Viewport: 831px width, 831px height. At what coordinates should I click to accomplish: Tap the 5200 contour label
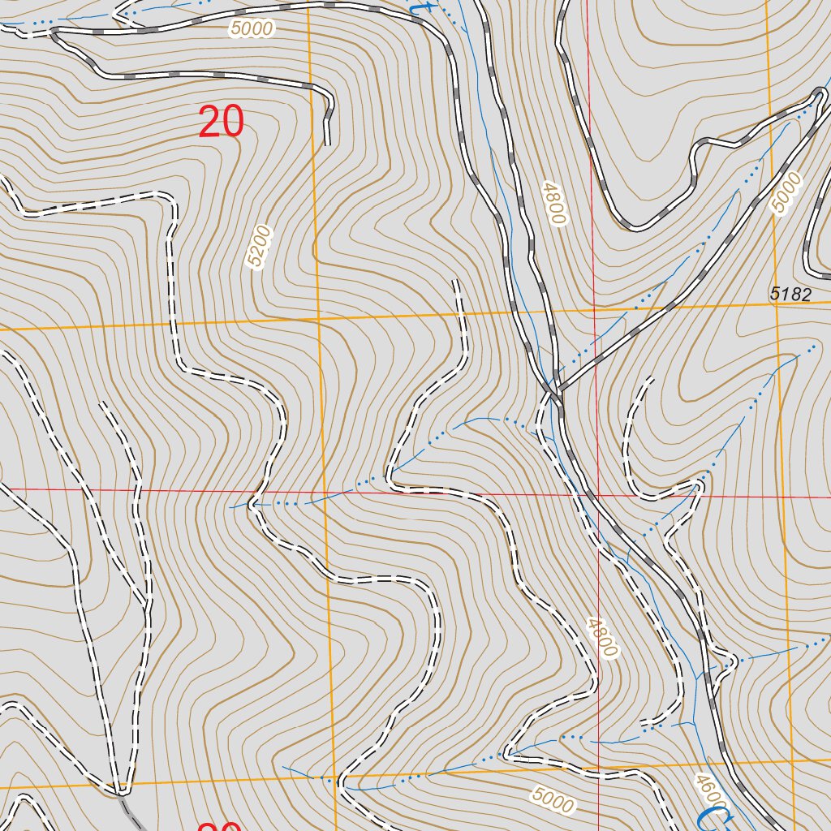[259, 248]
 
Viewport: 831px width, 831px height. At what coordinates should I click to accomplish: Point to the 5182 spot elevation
[790, 295]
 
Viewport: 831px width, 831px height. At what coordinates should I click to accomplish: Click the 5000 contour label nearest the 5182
[784, 193]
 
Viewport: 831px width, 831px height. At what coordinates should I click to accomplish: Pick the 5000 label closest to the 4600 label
[553, 801]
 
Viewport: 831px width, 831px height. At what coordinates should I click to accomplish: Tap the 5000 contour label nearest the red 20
[252, 28]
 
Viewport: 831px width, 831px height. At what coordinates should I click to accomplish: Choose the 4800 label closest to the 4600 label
[602, 638]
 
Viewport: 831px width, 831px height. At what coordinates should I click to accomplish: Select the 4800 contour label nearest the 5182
[554, 202]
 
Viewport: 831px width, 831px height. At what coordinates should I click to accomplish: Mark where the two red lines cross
[596, 493]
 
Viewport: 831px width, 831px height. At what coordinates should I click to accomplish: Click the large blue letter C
[712, 818]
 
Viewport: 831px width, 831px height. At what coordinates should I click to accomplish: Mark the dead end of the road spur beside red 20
[328, 144]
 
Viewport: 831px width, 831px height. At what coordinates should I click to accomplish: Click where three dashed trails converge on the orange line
[122, 787]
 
